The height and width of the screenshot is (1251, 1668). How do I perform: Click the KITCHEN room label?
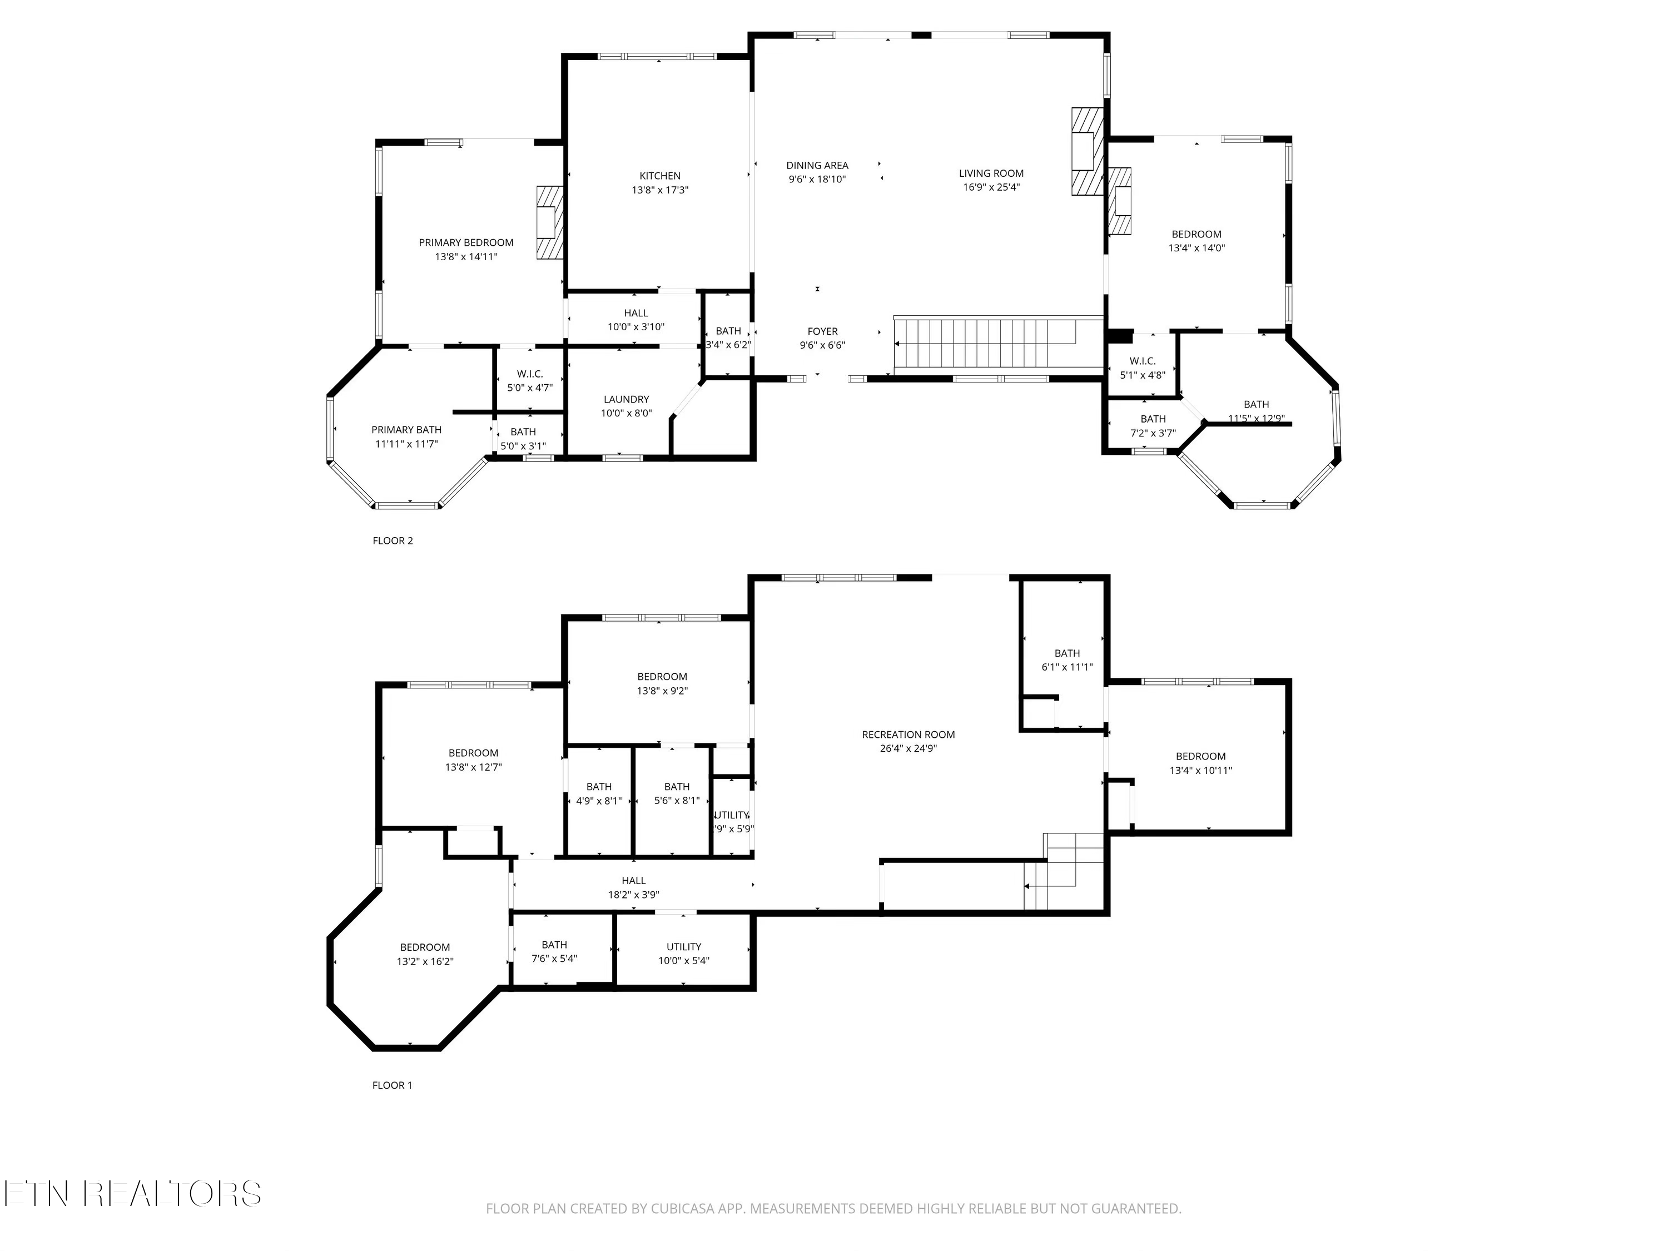[x=660, y=176]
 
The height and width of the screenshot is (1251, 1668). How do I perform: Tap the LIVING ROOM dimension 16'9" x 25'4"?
[x=991, y=187]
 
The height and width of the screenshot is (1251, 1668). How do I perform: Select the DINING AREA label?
[x=817, y=165]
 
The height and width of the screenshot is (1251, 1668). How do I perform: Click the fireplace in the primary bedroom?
[x=550, y=222]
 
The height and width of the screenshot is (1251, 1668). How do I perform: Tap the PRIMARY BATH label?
[x=406, y=430]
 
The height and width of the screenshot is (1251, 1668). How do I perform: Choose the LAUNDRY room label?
[x=626, y=400]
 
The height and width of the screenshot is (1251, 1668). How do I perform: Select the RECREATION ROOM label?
[x=908, y=734]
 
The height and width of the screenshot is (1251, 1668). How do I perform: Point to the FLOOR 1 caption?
[x=392, y=1085]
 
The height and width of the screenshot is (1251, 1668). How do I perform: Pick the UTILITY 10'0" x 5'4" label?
[x=683, y=953]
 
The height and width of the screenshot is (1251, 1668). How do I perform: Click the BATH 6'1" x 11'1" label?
[x=1066, y=660]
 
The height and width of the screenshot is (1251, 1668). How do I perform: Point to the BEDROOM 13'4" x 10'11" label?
[x=1200, y=763]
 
